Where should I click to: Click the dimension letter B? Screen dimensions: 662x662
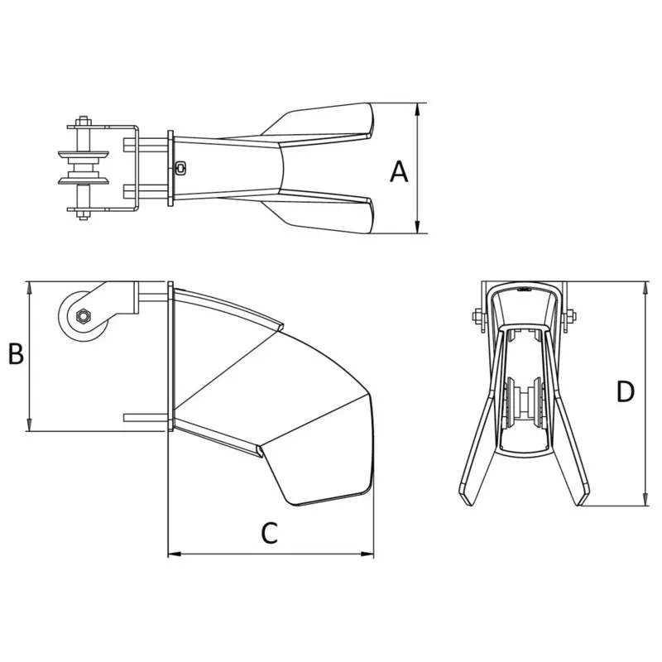16,354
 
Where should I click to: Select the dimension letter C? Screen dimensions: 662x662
268,533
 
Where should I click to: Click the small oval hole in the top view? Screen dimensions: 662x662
181,167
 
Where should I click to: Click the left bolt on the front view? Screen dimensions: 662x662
477,315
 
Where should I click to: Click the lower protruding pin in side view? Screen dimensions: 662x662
145,417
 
